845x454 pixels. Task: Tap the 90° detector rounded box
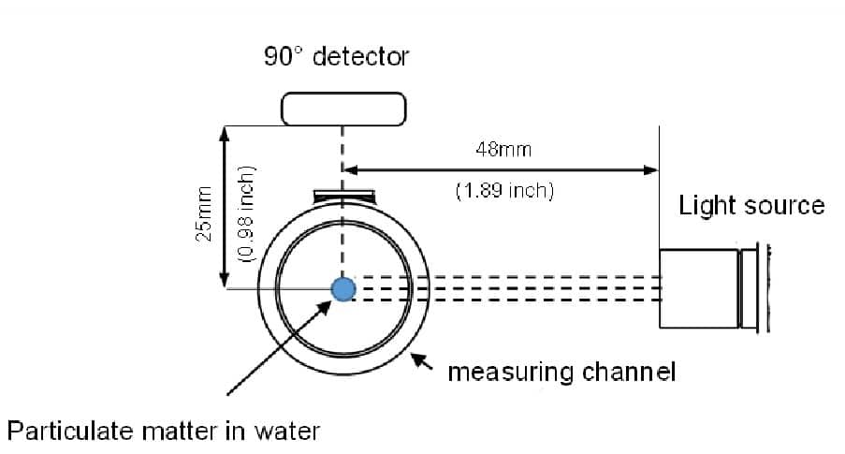(x=343, y=108)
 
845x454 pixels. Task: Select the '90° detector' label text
(x=336, y=57)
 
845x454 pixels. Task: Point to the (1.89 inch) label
(x=504, y=191)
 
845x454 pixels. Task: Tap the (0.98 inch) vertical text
(x=246, y=214)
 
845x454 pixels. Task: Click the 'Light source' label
(x=751, y=206)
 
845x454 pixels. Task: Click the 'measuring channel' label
(x=561, y=373)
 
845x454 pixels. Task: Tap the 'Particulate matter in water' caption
(x=164, y=432)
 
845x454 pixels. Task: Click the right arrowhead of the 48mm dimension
(x=651, y=169)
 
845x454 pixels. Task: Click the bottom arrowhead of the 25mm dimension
(x=225, y=280)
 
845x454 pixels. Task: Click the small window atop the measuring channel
(x=344, y=195)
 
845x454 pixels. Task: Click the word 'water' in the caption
(x=289, y=432)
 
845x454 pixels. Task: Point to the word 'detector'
(x=360, y=57)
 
